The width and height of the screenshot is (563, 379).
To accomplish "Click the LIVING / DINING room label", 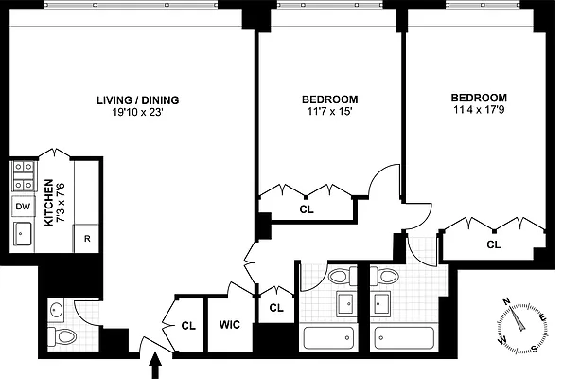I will [x=137, y=99].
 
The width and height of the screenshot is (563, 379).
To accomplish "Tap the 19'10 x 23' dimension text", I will [x=137, y=112].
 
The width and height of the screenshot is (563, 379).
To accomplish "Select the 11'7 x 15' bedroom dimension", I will [x=329, y=112].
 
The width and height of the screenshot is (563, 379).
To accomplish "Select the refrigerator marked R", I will [x=87, y=239].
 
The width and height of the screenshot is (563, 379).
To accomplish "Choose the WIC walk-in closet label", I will [x=229, y=325].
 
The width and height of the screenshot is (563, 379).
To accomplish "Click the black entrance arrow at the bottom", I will [x=156, y=365].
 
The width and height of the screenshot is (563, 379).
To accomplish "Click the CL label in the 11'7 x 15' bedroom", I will [x=306, y=209].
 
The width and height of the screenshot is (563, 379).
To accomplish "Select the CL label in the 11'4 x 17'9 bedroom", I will [x=493, y=244].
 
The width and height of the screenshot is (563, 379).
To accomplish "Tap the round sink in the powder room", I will [x=57, y=308].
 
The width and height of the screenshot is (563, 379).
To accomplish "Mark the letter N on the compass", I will [x=506, y=301].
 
